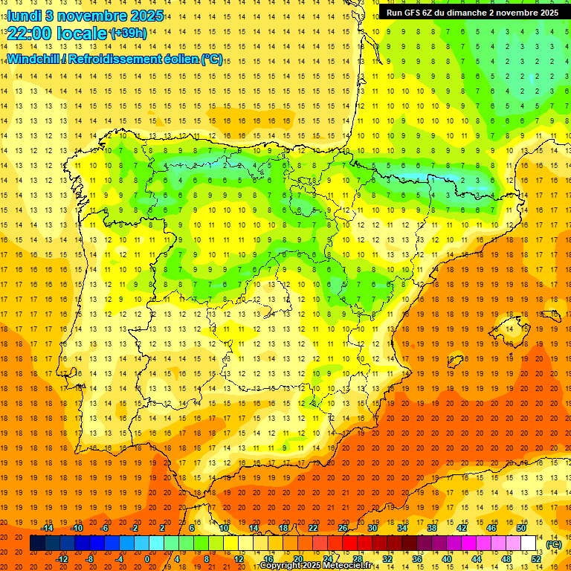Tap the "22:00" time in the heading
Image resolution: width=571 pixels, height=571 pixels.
coord(29,33)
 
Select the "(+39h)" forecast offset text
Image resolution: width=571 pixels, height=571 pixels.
coord(128,33)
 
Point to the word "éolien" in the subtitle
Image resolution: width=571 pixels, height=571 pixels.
coord(177,59)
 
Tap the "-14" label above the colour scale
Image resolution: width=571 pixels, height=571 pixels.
coord(48,528)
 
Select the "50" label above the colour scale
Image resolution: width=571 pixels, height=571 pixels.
coord(521,528)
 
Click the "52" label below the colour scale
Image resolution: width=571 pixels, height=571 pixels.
coord(536,558)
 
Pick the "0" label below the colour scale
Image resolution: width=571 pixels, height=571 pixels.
coord(147,558)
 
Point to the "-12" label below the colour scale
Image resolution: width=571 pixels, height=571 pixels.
coord(62,558)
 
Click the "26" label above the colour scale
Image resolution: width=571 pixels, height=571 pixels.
coord(343,528)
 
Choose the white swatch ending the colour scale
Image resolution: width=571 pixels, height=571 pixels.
coord(529,543)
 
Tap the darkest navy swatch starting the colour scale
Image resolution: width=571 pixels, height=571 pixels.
coord(37,543)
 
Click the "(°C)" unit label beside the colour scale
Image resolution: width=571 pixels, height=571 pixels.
coord(552,543)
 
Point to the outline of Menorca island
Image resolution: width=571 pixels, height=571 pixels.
coord(551,308)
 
